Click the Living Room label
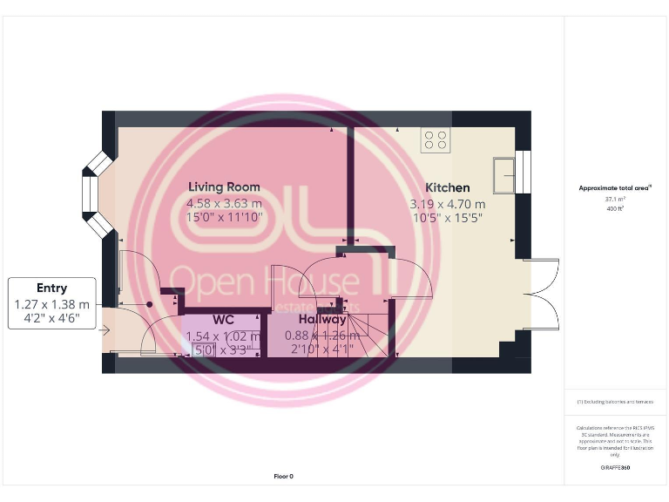[x=224, y=187]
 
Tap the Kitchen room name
[x=447, y=187]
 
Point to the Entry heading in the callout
[x=52, y=288]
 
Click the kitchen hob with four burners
[x=436, y=139]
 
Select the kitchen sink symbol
[x=503, y=174]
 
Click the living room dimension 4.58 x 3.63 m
[x=224, y=203]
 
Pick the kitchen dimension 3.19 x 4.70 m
[x=447, y=203]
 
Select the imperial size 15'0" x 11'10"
[x=224, y=218]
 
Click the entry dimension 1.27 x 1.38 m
[x=52, y=304]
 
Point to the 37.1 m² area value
[x=615, y=199]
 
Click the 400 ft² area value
[x=615, y=208]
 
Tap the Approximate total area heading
[x=615, y=187]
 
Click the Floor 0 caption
[x=283, y=476]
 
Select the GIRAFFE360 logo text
[x=615, y=468]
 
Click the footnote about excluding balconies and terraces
[x=615, y=402]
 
